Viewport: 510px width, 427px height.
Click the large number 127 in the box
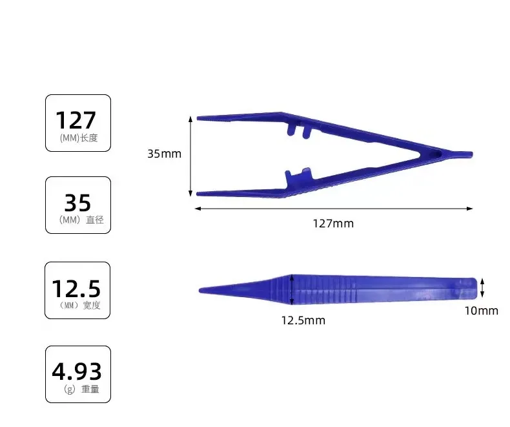(76, 120)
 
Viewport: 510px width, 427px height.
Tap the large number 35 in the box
(77, 202)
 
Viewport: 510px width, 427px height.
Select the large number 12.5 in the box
(76, 287)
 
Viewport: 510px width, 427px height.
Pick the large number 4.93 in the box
(77, 371)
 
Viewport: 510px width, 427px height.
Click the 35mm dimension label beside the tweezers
(164, 154)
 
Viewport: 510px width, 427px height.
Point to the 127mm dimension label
(333, 224)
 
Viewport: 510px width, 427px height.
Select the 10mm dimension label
(481, 311)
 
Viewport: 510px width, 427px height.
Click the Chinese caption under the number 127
(79, 138)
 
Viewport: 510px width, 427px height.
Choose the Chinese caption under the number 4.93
(80, 390)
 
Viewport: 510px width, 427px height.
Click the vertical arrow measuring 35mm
(190, 155)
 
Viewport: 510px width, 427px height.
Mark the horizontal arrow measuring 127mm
(333, 208)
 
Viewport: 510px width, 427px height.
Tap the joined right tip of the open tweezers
(467, 155)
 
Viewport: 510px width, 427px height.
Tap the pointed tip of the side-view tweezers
(201, 289)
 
